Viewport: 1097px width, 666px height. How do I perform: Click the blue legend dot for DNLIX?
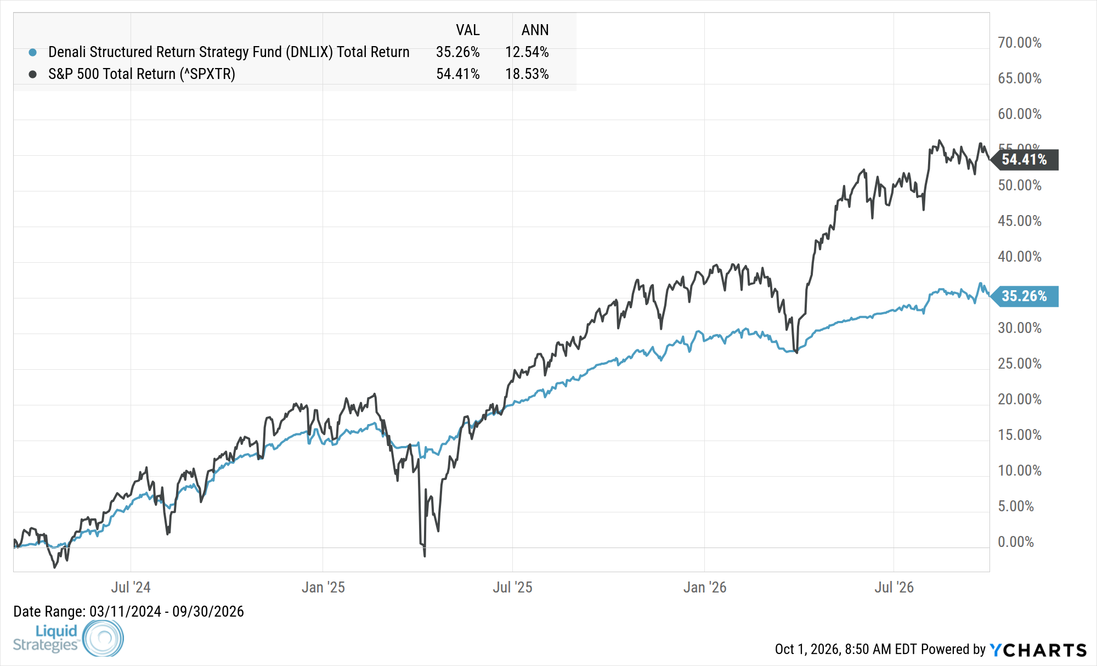pos(33,53)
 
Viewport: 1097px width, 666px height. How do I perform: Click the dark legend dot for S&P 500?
pos(33,74)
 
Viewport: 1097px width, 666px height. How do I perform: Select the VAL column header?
pos(468,30)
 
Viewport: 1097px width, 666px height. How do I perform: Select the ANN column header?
pos(535,30)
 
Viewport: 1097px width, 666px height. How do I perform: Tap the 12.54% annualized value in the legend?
pos(527,52)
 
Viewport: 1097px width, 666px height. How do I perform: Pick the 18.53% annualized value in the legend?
pos(527,74)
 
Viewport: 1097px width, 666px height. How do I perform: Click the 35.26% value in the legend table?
pos(458,52)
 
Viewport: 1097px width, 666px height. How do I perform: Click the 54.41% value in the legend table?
pos(458,74)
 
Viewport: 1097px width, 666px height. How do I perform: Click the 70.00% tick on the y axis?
pos(1020,43)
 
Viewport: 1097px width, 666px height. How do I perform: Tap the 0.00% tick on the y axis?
pos(1016,542)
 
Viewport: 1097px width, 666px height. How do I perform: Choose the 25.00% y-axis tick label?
pos(1020,364)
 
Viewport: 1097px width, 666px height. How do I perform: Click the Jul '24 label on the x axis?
pos(131,588)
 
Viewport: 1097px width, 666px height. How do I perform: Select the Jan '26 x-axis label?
pos(705,588)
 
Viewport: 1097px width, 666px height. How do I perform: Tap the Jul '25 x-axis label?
pos(512,588)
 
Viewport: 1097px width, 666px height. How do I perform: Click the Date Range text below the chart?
pos(128,612)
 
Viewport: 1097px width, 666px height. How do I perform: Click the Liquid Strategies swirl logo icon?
pos(103,638)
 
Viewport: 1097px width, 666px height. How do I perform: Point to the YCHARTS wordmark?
pos(1038,650)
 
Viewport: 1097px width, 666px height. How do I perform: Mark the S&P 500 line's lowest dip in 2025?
pos(425,556)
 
